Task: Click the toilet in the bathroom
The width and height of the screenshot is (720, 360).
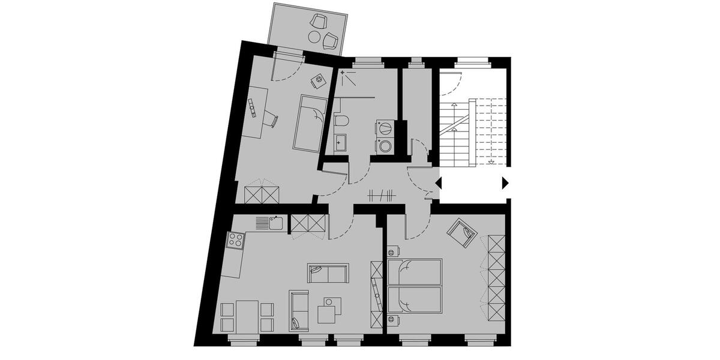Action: (343, 122)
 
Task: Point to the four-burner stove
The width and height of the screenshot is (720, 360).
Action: (235, 241)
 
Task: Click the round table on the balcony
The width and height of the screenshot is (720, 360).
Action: (314, 37)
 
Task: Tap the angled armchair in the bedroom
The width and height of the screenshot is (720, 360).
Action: (463, 232)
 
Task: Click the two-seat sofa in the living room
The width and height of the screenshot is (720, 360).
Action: (327, 273)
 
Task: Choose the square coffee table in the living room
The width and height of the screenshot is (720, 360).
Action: (328, 313)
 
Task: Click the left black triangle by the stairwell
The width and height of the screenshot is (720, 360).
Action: (439, 182)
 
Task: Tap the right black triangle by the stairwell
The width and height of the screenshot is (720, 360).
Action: (505, 182)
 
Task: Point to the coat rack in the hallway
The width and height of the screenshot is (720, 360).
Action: (381, 195)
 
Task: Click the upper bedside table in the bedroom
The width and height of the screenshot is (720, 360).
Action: (394, 251)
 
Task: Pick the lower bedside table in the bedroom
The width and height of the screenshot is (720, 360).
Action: (394, 319)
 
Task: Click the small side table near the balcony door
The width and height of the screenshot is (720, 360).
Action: (318, 79)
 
